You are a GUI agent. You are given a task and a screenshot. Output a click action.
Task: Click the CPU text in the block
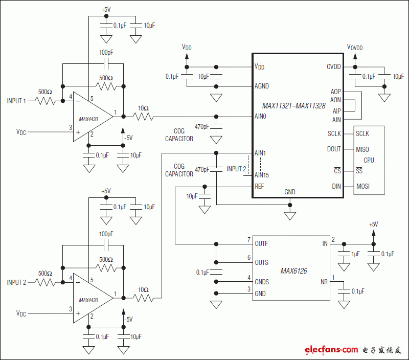click(368, 160)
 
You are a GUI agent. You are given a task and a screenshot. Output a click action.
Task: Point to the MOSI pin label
click(363, 187)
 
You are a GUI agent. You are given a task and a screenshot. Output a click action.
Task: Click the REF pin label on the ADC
click(259, 187)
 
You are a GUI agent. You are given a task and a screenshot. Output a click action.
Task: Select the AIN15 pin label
click(262, 175)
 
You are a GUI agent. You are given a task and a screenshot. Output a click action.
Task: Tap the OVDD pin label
click(333, 67)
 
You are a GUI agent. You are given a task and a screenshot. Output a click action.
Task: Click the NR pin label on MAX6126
click(324, 282)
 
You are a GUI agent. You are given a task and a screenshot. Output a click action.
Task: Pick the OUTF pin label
click(261, 243)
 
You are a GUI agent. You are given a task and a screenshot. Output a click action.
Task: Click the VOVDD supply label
click(355, 47)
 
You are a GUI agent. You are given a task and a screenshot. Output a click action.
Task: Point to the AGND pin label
click(262, 86)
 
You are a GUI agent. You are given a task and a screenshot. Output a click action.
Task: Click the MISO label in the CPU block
click(362, 149)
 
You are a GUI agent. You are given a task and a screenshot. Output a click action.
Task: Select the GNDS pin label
click(262, 282)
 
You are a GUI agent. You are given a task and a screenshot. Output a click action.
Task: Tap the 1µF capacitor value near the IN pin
click(355, 254)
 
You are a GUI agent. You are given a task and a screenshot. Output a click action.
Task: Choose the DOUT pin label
click(334, 149)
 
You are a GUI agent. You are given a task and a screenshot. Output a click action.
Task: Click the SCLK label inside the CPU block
click(362, 133)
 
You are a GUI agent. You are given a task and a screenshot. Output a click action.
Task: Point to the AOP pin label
click(335, 92)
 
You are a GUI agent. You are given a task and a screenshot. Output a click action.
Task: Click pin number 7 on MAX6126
click(249, 239)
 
